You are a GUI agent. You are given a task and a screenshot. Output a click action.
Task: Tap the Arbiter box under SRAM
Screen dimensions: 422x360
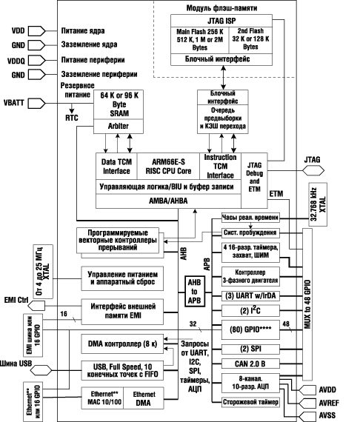[114, 127]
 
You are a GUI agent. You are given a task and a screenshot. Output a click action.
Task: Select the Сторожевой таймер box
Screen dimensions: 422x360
[249, 402]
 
